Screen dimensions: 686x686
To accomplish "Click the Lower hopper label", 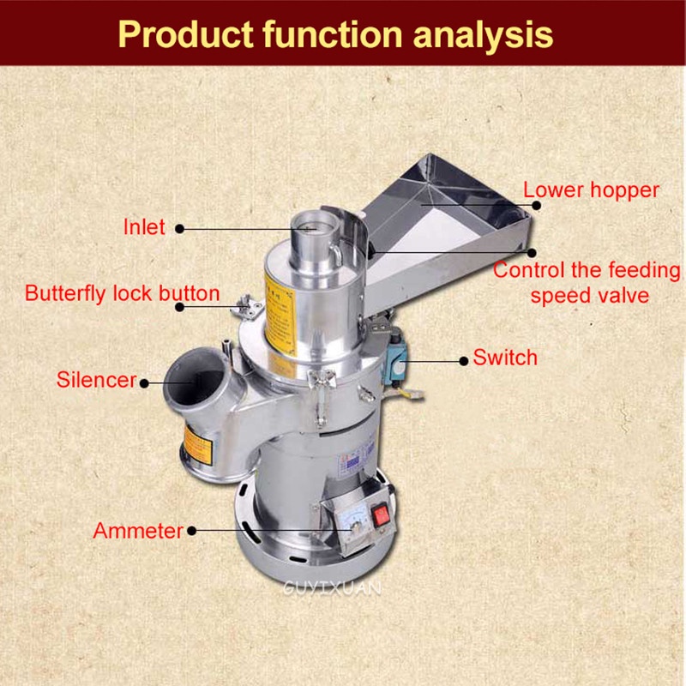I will coord(591,190).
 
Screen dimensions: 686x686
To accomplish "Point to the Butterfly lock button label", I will coord(123,293).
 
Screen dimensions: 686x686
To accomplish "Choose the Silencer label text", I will coord(96,380).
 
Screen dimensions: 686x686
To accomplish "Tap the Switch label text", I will coord(505,358).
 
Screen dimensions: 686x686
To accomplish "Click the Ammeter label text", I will coord(138,531).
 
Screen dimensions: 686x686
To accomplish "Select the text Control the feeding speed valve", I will coord(587,283).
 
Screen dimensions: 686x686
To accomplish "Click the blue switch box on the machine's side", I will coord(395,351).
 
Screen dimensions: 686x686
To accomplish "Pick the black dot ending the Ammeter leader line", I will coord(191,531).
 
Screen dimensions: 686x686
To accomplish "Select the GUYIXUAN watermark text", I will coord(332,588).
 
